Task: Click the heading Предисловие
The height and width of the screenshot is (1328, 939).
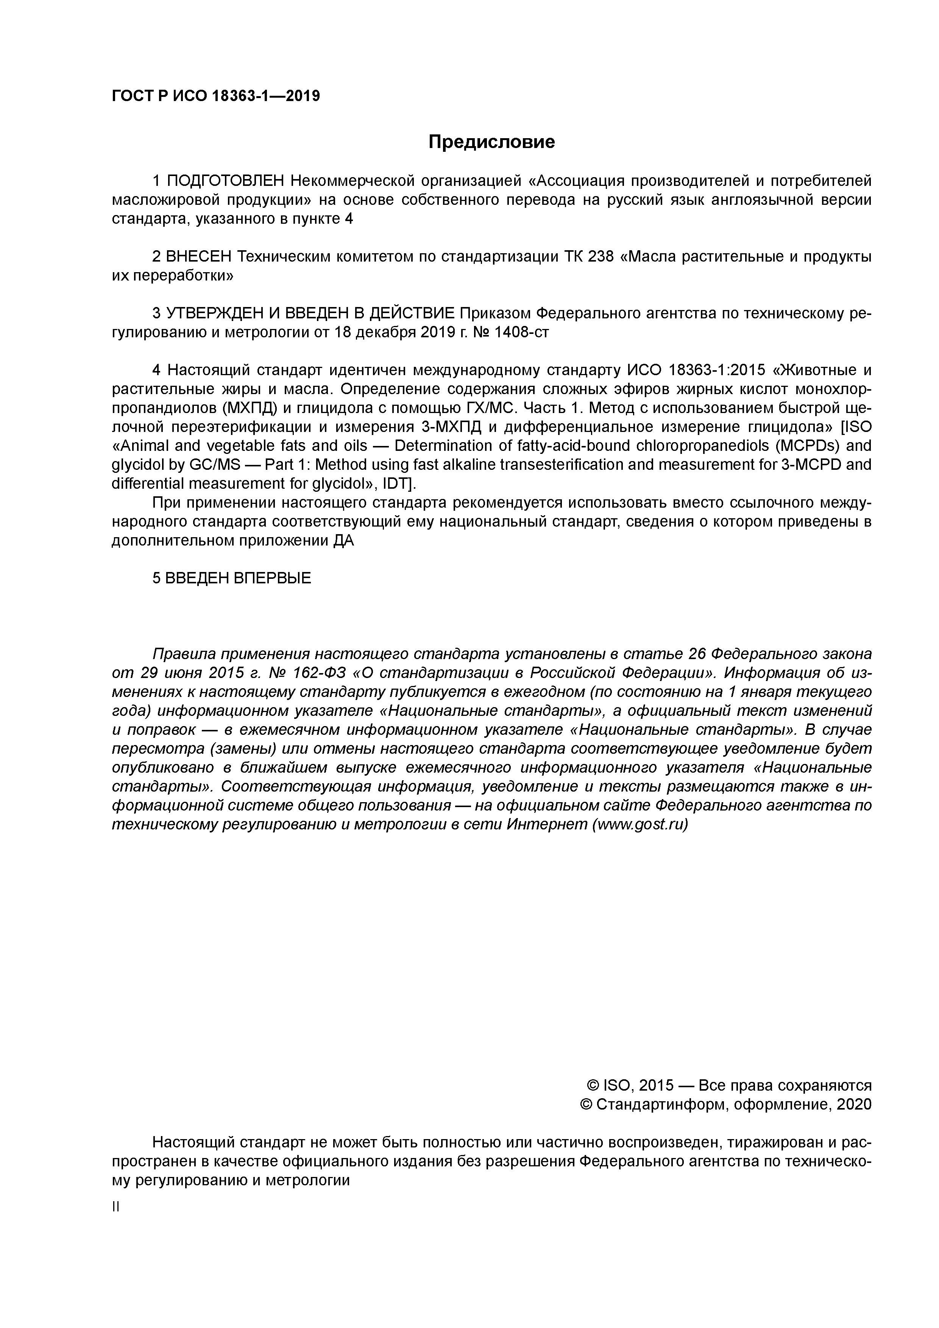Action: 491,142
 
